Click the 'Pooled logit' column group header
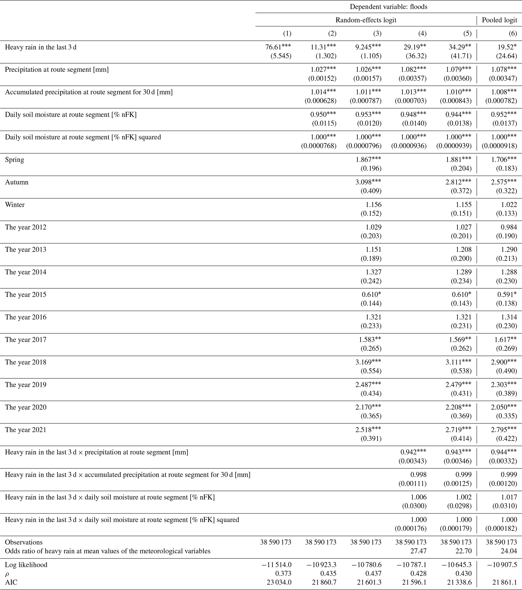point(500,20)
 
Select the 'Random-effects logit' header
point(366,20)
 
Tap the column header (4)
point(422,34)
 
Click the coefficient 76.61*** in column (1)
point(278,47)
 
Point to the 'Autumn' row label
point(17,182)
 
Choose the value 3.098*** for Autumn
point(368,182)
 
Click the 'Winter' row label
point(15,205)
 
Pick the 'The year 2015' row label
point(26,295)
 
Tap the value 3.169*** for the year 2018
point(368,362)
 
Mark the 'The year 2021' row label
point(26,430)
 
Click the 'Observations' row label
point(24,542)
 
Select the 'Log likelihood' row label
point(26,564)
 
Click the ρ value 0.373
point(284,574)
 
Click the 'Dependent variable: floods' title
point(388,7)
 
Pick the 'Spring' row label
point(14,160)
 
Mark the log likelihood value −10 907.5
point(502,564)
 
